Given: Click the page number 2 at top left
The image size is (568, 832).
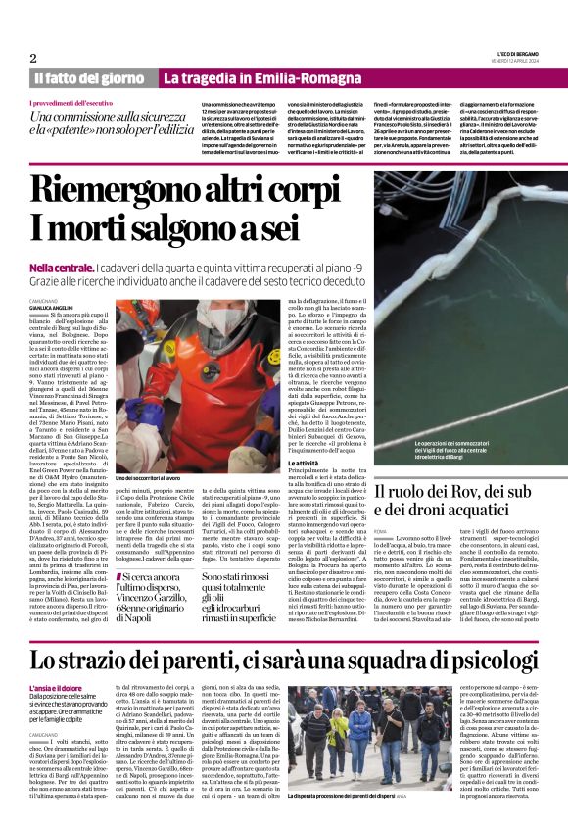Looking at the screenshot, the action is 34,58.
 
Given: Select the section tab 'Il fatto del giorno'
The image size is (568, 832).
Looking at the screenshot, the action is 90,77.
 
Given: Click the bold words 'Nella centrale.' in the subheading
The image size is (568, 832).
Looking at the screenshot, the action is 62,267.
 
